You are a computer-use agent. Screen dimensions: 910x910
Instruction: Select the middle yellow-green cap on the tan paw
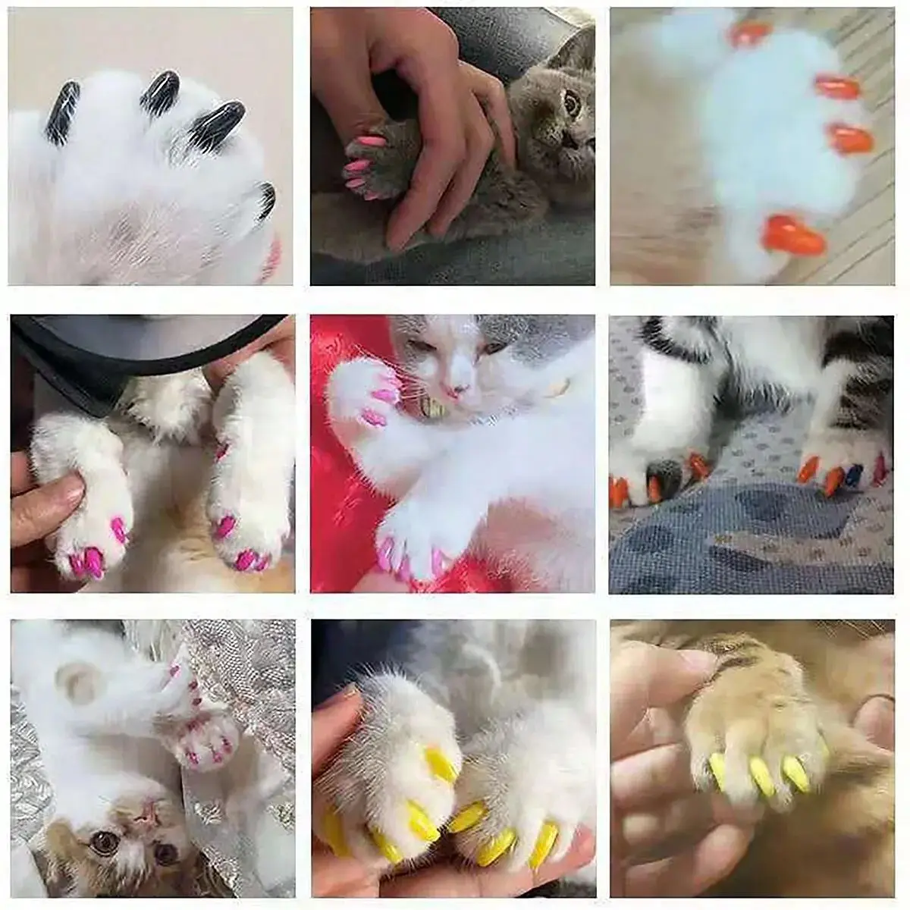[x=761, y=777]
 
